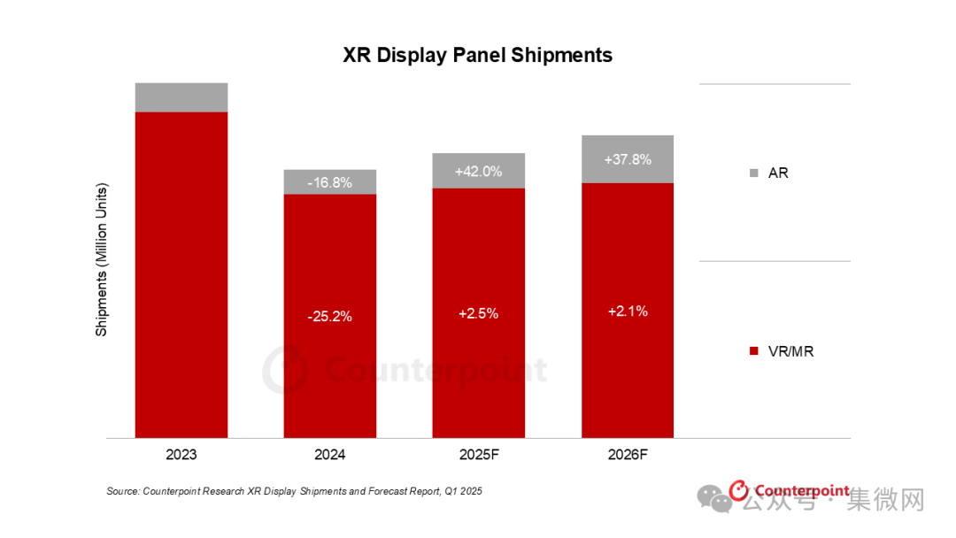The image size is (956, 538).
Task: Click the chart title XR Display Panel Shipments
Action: click(x=477, y=55)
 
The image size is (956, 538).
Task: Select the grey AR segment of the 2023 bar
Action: click(x=181, y=97)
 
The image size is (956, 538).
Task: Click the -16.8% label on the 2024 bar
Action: click(x=330, y=183)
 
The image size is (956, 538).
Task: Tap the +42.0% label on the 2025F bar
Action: click(x=478, y=172)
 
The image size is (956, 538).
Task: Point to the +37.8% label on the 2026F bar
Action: click(x=628, y=160)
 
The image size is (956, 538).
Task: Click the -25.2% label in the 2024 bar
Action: click(x=330, y=316)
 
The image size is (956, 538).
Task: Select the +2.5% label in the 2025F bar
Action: click(x=478, y=313)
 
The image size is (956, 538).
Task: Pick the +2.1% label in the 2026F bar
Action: click(x=628, y=311)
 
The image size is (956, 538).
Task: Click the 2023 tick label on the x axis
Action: click(x=181, y=456)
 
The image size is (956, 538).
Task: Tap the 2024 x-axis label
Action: click(x=330, y=456)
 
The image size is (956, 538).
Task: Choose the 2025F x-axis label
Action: click(x=478, y=456)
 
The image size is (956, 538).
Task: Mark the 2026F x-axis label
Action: click(x=628, y=456)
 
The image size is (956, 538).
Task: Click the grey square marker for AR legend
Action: click(x=753, y=173)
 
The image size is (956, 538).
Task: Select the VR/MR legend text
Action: click(x=790, y=351)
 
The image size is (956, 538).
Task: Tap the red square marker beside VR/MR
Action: click(x=753, y=352)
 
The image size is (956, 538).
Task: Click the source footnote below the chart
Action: click(x=294, y=490)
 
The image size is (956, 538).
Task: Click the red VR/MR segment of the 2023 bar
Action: click(x=181, y=274)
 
